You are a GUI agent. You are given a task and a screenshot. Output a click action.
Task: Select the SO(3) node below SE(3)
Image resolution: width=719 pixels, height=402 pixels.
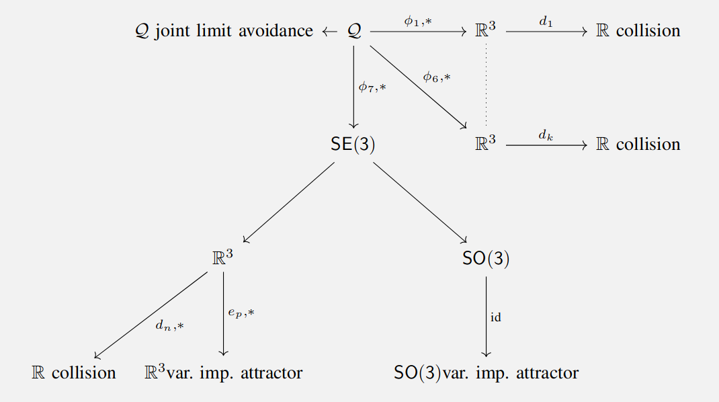click(486, 259)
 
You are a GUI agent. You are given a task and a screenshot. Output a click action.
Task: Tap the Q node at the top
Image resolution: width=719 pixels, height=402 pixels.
click(355, 31)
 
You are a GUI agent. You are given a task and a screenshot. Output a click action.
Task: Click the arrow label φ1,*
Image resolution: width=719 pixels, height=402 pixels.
click(417, 21)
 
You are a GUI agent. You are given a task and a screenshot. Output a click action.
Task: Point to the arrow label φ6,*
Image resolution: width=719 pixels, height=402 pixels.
click(436, 77)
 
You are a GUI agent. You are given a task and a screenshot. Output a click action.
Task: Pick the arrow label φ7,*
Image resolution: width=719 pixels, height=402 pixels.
click(372, 86)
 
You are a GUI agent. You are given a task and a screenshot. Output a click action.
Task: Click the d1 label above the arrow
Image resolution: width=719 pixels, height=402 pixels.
click(545, 21)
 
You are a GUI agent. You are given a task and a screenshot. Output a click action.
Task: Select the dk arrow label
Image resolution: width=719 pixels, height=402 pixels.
click(545, 134)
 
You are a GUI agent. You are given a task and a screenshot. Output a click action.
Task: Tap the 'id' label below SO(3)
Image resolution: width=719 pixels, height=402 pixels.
click(496, 317)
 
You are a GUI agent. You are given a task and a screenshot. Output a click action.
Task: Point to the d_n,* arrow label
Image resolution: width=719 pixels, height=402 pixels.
click(169, 325)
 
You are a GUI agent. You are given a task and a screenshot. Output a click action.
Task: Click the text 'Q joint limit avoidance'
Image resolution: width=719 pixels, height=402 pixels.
click(224, 31)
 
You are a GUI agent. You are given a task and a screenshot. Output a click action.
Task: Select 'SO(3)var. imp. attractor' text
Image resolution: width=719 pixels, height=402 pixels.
click(486, 372)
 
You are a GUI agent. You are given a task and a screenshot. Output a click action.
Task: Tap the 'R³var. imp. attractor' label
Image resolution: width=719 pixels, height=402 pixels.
click(223, 372)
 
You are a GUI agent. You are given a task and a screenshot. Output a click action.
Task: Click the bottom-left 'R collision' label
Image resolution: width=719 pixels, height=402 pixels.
click(74, 372)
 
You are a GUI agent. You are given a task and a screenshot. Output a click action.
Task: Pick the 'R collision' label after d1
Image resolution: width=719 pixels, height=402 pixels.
click(638, 31)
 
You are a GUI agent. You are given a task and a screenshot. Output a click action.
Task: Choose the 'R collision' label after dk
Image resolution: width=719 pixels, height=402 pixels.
click(638, 145)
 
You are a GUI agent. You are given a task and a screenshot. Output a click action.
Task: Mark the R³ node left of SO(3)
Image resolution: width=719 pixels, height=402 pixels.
click(223, 259)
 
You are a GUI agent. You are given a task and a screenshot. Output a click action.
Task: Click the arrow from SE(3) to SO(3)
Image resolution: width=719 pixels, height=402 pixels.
click(419, 202)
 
